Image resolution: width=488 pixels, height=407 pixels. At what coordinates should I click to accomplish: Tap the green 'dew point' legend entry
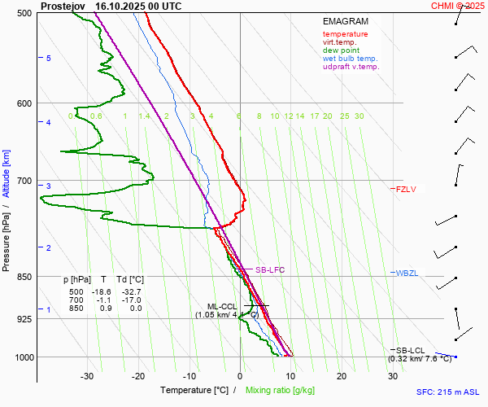click(x=342, y=50)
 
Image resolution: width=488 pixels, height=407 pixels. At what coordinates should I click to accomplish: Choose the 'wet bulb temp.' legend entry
click(x=350, y=59)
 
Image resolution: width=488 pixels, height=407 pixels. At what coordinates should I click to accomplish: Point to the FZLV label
click(x=406, y=190)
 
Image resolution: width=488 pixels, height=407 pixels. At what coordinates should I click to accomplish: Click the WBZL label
click(x=407, y=273)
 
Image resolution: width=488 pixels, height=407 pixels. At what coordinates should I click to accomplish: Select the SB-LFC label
click(x=270, y=269)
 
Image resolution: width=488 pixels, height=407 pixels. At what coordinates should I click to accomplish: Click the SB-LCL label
click(x=411, y=349)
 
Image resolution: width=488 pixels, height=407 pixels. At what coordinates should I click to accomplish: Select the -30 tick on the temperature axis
click(x=88, y=376)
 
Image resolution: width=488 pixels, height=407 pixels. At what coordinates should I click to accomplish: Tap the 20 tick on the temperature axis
click(x=342, y=376)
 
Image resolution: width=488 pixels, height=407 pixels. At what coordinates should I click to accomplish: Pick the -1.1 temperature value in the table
click(x=103, y=300)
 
